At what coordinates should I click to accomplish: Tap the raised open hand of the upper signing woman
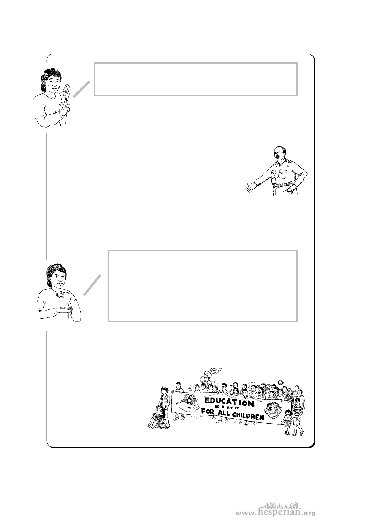pyautogui.click(x=66, y=91)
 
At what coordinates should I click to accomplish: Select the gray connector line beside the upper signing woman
pyautogui.click(x=82, y=89)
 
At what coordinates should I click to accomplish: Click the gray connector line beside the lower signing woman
pyautogui.click(x=92, y=285)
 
